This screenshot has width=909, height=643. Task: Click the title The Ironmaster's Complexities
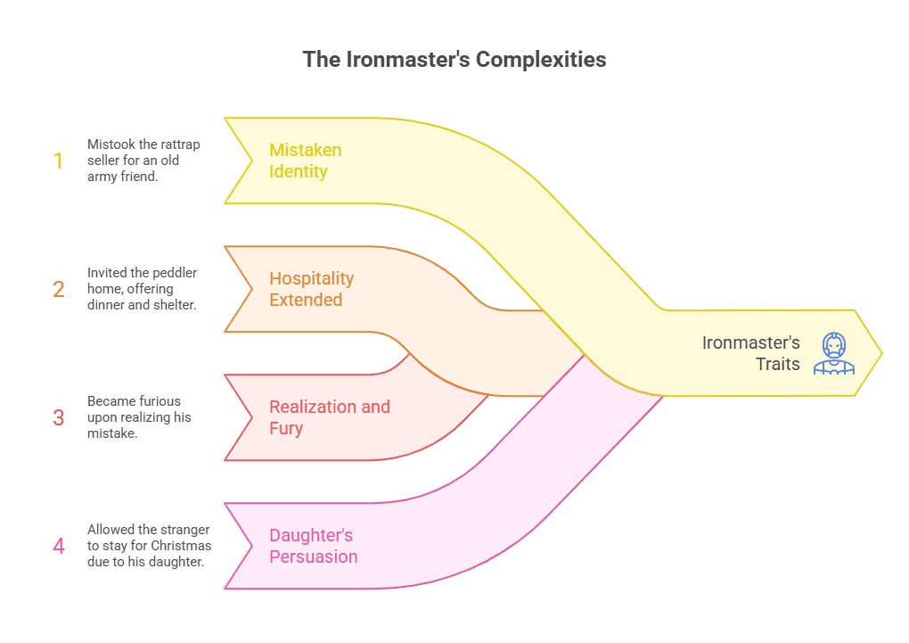(454, 60)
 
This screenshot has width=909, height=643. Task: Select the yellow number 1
(59, 161)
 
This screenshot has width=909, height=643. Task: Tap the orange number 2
(59, 290)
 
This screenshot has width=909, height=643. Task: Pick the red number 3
(59, 417)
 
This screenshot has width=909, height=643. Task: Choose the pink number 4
(59, 546)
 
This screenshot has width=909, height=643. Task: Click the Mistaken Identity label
(305, 161)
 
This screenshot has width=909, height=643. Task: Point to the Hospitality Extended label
(311, 289)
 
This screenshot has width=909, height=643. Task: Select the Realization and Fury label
(329, 417)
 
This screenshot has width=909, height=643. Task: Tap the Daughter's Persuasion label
(313, 546)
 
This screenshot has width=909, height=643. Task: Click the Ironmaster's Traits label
(751, 353)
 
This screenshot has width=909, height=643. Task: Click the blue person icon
(833, 353)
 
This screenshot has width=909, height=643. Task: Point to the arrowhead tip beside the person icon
(880, 354)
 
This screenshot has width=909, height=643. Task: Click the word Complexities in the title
(541, 60)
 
